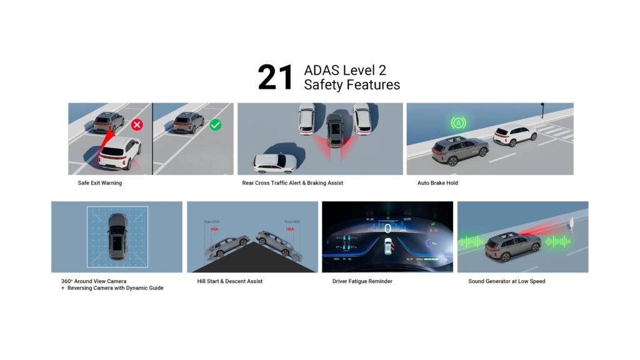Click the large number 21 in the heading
click(276, 78)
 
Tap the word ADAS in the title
click(321, 70)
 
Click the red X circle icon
click(137, 124)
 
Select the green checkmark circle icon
click(216, 124)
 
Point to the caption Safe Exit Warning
click(96, 183)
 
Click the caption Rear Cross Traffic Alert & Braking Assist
click(292, 183)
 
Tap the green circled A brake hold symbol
click(458, 123)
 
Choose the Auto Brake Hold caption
click(437, 183)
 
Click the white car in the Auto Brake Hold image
click(515, 135)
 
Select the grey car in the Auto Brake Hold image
click(459, 151)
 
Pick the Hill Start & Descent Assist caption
click(230, 281)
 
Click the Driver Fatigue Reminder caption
click(363, 281)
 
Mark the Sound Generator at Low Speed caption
click(507, 281)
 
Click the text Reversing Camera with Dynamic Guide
click(115, 288)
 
